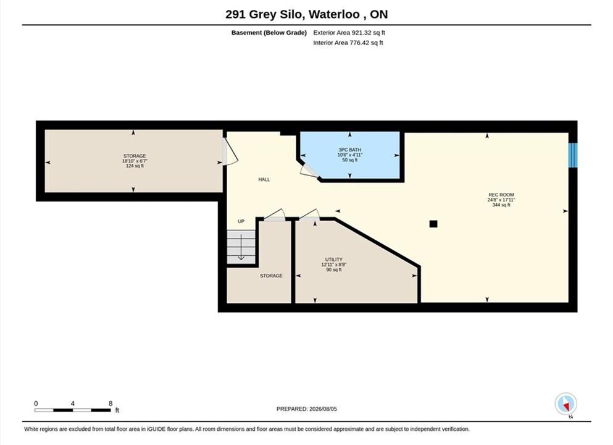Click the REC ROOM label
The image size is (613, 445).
pyautogui.click(x=501, y=195)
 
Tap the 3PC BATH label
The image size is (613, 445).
pyautogui.click(x=350, y=150)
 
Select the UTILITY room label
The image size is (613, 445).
pyautogui.click(x=334, y=260)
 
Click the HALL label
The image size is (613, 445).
pyautogui.click(x=264, y=180)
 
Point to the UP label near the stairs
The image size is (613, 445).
pyautogui.click(x=241, y=221)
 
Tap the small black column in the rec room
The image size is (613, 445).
pyautogui.click(x=433, y=224)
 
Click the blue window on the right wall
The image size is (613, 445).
pyautogui.click(x=573, y=155)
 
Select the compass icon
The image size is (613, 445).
pyautogui.click(x=565, y=404)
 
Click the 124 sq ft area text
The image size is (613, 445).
pyautogui.click(x=135, y=166)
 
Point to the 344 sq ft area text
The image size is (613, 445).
pyautogui.click(x=501, y=205)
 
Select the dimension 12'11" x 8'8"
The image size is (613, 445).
pyautogui.click(x=334, y=265)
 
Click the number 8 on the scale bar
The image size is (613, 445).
pyautogui.click(x=111, y=404)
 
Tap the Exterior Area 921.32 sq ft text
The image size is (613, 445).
pyautogui.click(x=349, y=33)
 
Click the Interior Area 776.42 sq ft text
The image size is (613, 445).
pyautogui.click(x=348, y=43)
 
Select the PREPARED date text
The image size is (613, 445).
pyautogui.click(x=306, y=409)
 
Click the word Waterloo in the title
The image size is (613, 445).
pyautogui.click(x=334, y=14)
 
